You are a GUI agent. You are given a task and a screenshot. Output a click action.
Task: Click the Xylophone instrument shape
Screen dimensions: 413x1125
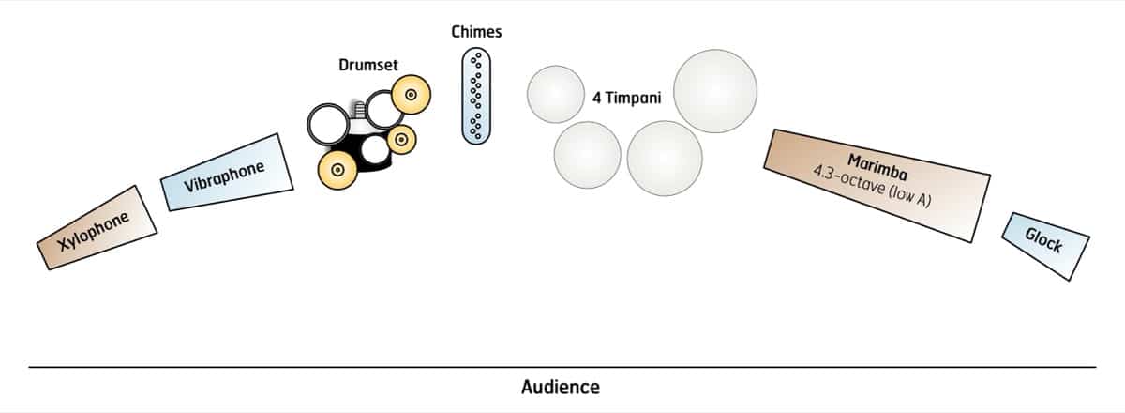pos(94,227)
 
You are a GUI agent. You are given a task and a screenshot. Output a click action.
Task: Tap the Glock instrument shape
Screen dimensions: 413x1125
pos(1045,245)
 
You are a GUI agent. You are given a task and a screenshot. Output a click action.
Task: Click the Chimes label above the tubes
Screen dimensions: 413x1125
pos(476,32)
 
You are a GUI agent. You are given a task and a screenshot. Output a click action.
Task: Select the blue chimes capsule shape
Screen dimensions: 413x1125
pos(476,97)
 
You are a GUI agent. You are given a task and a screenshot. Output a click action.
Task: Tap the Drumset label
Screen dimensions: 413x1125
pos(368,65)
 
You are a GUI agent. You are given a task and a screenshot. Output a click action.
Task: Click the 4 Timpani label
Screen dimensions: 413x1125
pos(626,97)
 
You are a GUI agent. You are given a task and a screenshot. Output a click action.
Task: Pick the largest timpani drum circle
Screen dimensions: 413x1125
pos(715,91)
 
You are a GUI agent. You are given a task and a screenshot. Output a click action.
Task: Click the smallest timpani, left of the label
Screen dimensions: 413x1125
pos(556,95)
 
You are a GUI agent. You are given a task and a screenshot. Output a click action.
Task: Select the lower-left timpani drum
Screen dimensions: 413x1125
pos(588,154)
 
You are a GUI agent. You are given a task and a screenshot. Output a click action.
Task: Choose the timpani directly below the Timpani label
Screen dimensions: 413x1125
pos(665,158)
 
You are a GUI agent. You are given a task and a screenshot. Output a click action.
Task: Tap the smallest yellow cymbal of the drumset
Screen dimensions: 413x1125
pos(401,140)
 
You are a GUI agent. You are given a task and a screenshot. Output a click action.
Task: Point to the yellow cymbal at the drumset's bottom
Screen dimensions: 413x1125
pos(338,170)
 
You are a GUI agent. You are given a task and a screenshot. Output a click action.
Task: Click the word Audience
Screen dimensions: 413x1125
pos(561,387)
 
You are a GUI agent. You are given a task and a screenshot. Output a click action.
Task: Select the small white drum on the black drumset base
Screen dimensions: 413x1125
pos(375,148)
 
